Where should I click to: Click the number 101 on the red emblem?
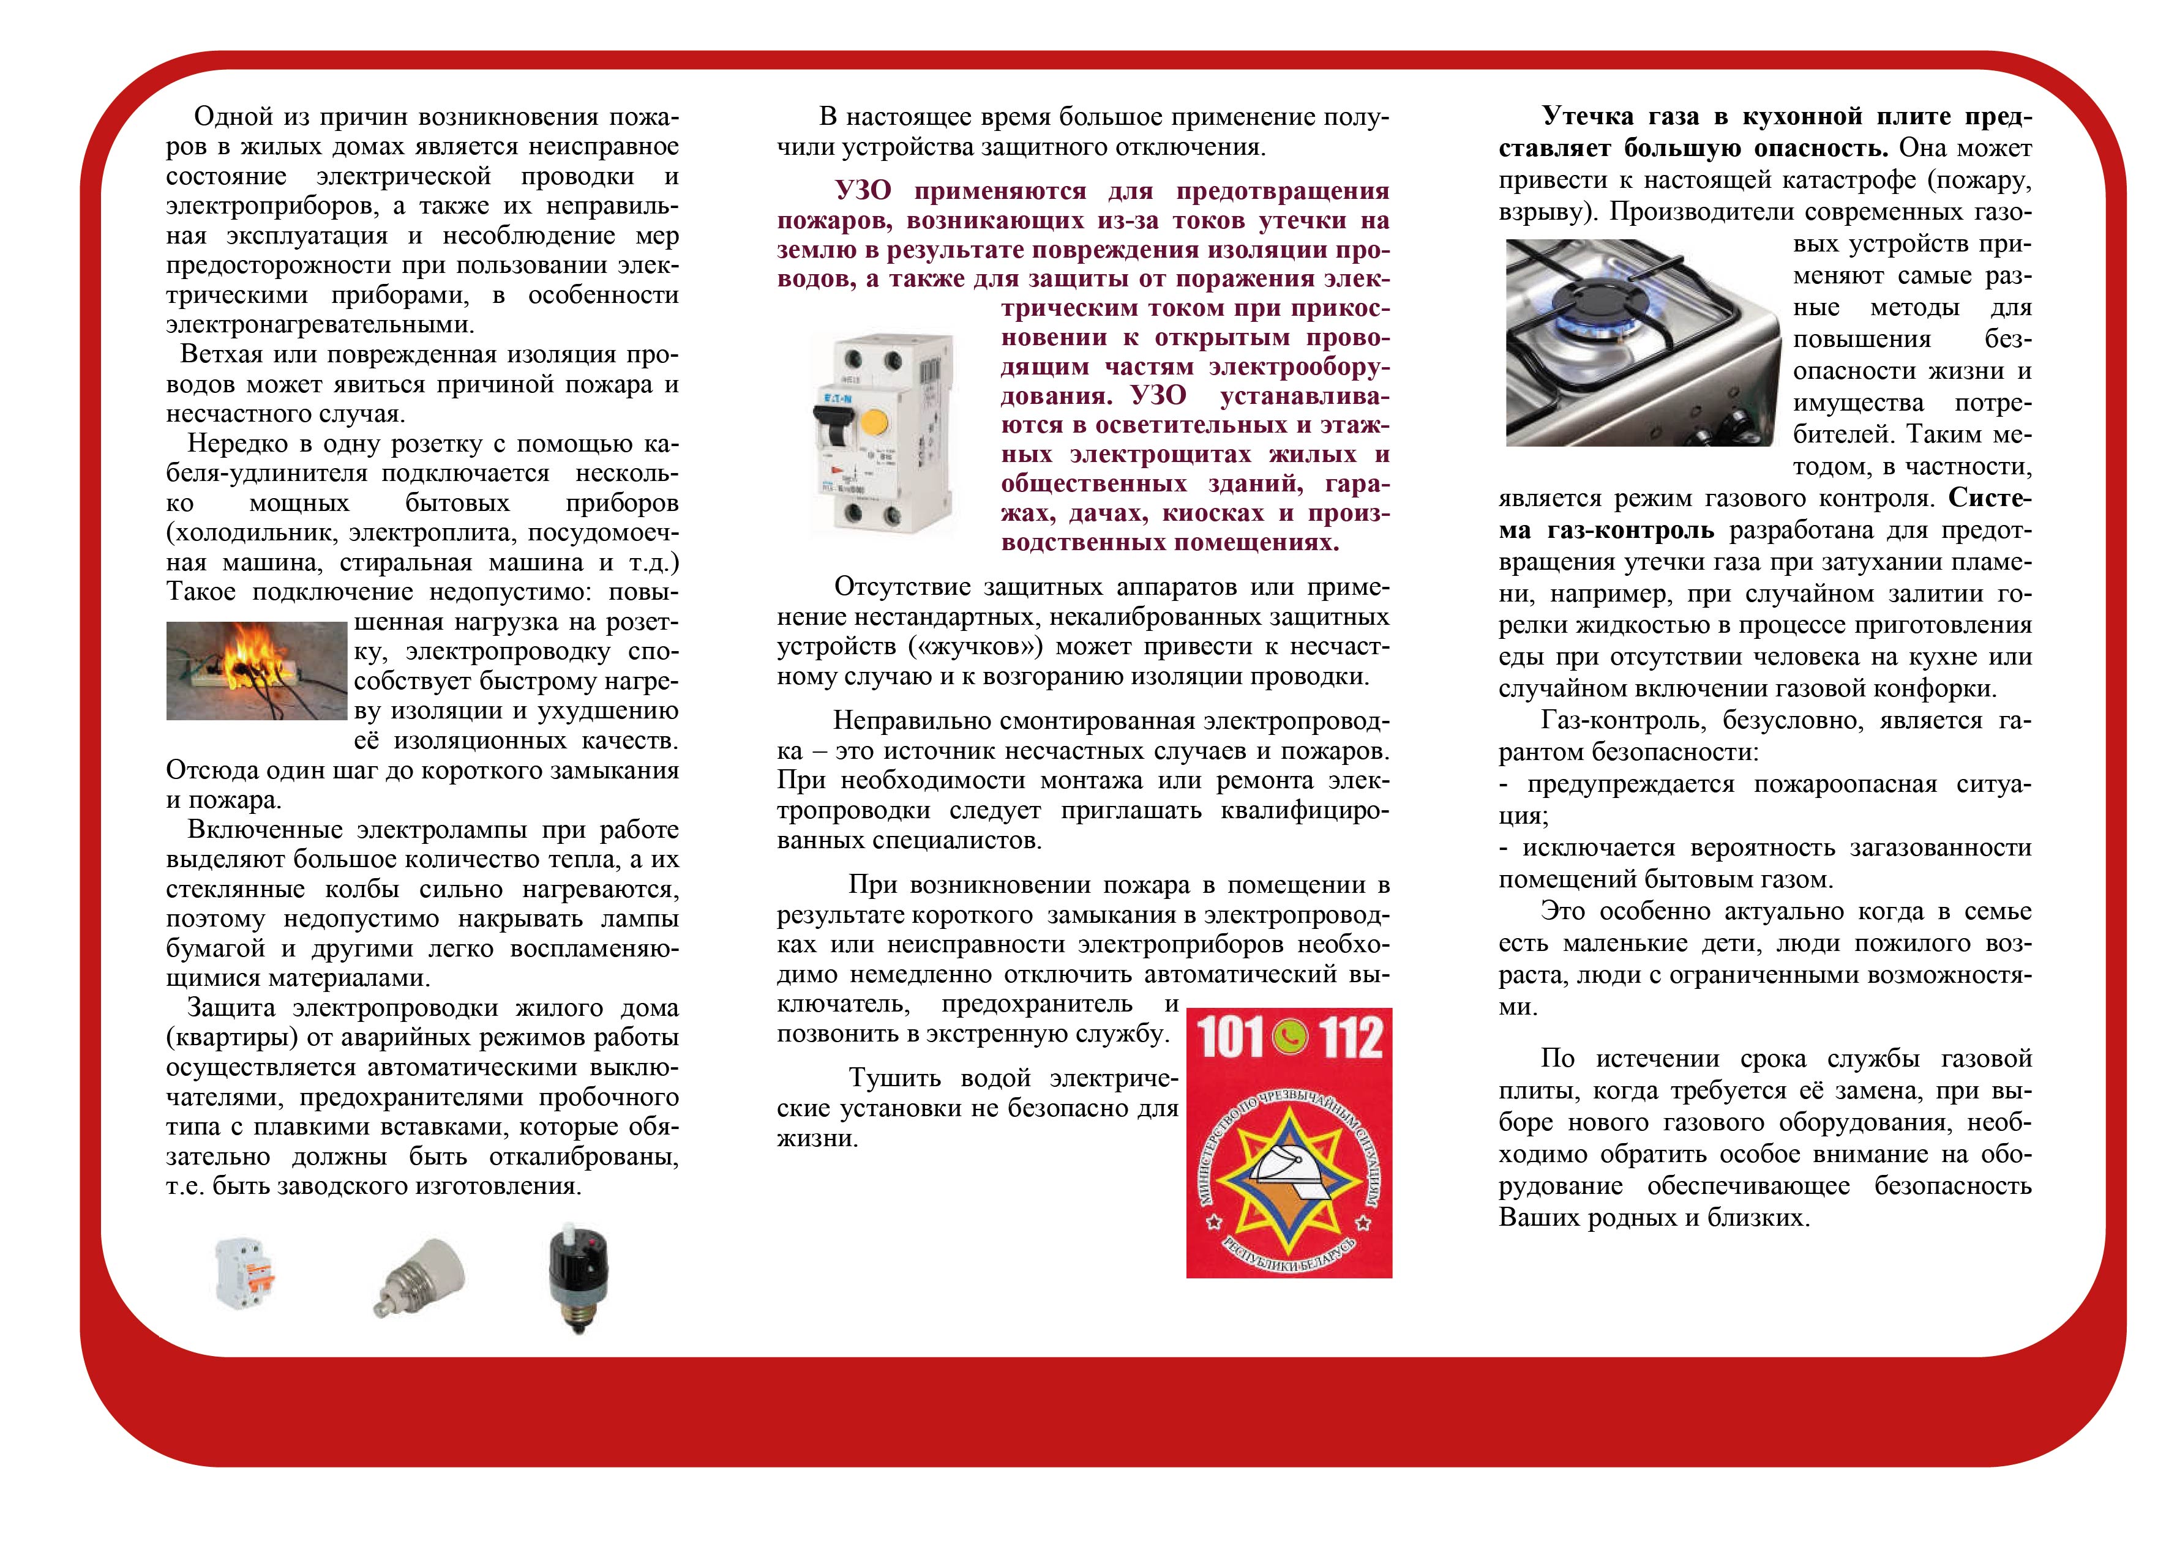coord(1229,1038)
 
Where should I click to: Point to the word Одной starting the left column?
coord(233,117)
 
